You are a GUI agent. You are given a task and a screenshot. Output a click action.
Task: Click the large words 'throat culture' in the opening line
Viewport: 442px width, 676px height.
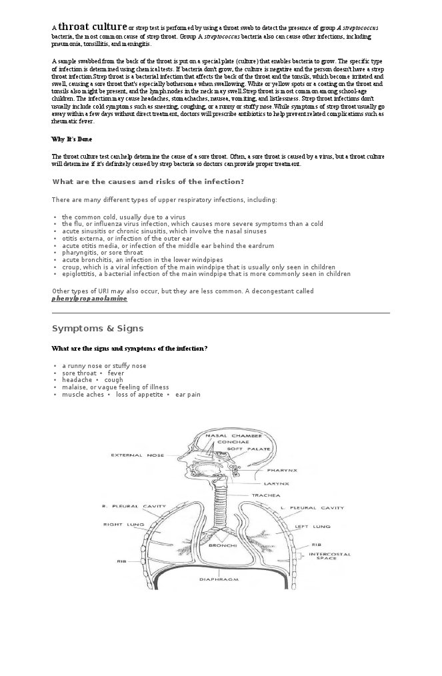coord(92,27)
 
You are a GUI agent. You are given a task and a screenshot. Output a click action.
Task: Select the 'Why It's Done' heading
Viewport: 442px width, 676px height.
coord(71,139)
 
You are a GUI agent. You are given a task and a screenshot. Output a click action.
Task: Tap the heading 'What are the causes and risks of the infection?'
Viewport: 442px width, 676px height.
coord(147,182)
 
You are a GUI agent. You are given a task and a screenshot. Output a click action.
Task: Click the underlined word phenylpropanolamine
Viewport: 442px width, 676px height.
coord(89,299)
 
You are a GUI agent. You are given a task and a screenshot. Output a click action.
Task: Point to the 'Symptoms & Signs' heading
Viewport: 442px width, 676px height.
coord(97,329)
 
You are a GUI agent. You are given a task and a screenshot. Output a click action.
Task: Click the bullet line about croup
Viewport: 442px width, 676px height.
coord(198,267)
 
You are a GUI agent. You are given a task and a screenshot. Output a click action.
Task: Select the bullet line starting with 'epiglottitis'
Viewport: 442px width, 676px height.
coord(206,273)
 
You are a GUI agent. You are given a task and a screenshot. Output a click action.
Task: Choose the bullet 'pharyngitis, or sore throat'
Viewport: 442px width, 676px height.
coord(102,253)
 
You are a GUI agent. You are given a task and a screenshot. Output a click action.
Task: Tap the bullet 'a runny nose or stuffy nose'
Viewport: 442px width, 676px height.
coord(104,366)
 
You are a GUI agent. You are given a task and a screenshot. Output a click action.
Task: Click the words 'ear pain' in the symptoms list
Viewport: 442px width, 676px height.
coord(187,395)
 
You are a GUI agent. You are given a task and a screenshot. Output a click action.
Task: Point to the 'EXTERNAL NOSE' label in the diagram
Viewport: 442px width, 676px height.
coord(137,455)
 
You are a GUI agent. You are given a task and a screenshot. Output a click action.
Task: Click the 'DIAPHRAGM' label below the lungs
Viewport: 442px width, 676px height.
coord(219,579)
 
